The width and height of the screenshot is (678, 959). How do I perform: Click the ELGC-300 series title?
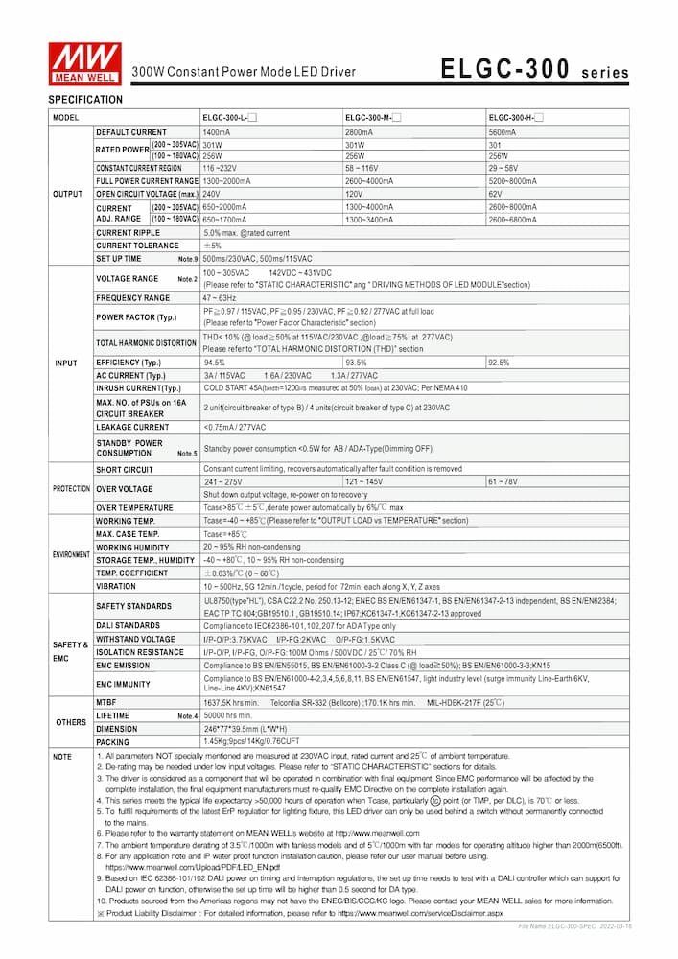click(x=534, y=70)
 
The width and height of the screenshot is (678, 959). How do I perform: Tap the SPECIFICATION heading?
click(x=85, y=99)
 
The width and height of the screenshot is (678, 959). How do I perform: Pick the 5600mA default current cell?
click(x=503, y=131)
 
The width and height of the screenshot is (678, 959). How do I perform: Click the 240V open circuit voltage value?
click(x=212, y=193)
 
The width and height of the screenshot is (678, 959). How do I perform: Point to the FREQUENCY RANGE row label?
click(x=132, y=298)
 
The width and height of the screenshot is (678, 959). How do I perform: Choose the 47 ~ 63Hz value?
click(x=221, y=298)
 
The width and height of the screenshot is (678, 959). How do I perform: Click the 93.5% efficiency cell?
click(x=357, y=363)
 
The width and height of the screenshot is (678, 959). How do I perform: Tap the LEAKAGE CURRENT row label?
click(x=131, y=426)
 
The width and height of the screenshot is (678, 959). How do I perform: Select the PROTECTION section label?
click(x=71, y=488)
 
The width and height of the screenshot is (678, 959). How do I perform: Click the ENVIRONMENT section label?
click(x=71, y=554)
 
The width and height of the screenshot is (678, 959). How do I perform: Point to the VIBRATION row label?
click(x=116, y=586)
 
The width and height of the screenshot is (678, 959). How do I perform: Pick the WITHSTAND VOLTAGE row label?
click(x=135, y=639)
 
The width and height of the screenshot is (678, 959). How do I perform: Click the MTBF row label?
click(x=106, y=702)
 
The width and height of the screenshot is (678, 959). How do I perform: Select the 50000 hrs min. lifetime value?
click(x=227, y=715)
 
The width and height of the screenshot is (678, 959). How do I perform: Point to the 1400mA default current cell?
click(x=217, y=131)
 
